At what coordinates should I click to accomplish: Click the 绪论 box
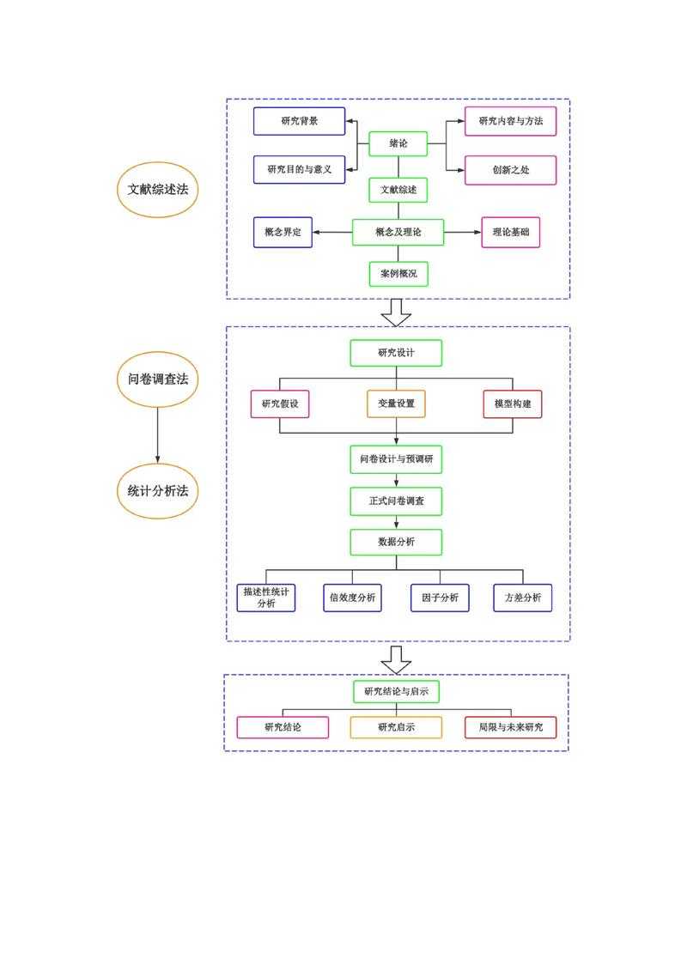[x=398, y=143]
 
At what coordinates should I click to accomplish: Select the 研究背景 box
[x=299, y=121]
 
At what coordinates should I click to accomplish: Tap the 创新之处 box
[x=510, y=170]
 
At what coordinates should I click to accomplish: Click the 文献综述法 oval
[x=157, y=189]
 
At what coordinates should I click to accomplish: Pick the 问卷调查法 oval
[x=157, y=379]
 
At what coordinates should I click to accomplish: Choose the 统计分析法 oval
[x=157, y=491]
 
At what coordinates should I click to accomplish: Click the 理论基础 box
[x=510, y=232]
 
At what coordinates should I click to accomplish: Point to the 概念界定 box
[x=283, y=232]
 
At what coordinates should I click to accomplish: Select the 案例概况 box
[x=398, y=274]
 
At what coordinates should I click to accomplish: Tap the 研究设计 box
[x=396, y=353]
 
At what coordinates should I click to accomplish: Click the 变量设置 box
[x=396, y=404]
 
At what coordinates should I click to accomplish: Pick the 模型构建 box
[x=513, y=404]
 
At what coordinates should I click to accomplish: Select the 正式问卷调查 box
[x=396, y=501]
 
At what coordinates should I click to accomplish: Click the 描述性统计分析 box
[x=266, y=598]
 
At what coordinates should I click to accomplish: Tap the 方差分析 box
[x=522, y=598]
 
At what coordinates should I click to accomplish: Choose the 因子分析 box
[x=440, y=598]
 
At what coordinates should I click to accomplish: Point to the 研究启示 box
[x=396, y=727]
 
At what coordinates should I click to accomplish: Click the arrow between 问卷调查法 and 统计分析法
[x=157, y=434]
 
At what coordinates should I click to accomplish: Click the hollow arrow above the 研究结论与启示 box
[x=396, y=658]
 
